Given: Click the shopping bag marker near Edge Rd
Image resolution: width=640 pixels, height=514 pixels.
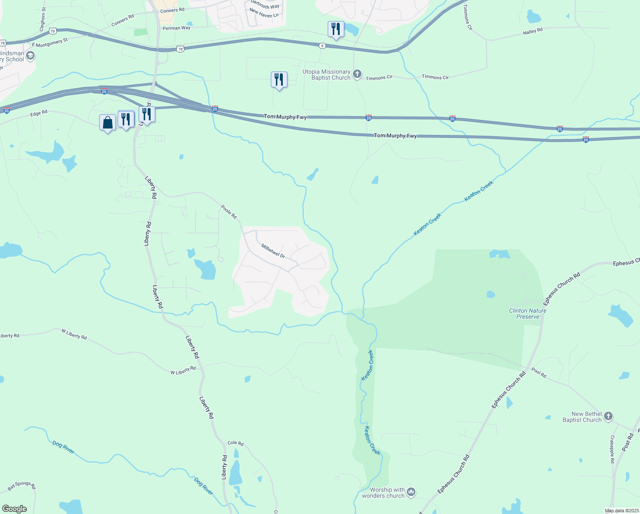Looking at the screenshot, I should [107, 123].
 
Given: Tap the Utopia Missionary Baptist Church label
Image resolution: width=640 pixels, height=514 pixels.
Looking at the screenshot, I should [326, 75].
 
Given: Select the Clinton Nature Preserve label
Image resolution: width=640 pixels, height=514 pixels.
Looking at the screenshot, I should [527, 314].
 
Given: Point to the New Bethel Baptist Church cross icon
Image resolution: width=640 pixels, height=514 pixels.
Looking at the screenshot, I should [608, 416].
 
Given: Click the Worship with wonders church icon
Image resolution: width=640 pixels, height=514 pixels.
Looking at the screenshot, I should [411, 492].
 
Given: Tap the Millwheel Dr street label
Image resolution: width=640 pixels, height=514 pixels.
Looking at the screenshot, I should [273, 251].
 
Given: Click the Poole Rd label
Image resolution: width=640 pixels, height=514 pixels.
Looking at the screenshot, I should [229, 212].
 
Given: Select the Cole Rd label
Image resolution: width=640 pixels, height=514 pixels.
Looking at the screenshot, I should [235, 443].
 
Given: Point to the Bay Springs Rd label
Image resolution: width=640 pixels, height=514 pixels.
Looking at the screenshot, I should [22, 486].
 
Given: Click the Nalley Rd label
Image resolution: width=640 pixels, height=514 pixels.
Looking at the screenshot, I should [533, 31].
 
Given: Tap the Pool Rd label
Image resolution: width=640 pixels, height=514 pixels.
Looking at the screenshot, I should [539, 373].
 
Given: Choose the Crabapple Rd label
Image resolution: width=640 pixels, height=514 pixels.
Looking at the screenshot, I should [612, 449].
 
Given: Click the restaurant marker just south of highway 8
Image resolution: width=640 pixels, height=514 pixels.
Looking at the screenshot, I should [279, 80].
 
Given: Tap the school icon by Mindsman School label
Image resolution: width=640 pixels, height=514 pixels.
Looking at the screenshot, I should [30, 55].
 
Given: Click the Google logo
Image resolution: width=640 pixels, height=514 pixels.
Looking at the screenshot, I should [14, 509].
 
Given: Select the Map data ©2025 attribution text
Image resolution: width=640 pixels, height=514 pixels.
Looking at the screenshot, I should [621, 511].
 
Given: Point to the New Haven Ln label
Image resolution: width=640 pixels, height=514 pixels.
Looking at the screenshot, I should [264, 13].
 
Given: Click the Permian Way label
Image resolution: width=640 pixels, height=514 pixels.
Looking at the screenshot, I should [176, 28].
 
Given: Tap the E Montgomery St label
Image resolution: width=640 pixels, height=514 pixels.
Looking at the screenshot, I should [50, 43].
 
